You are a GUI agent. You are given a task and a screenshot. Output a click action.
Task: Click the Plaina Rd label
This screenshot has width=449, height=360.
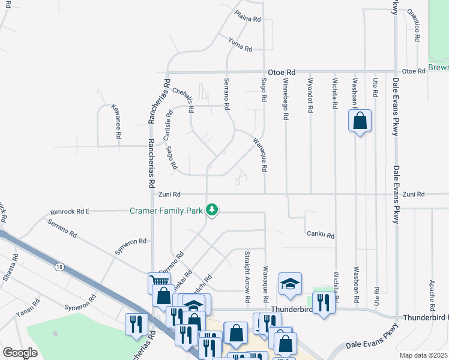pos(248,19)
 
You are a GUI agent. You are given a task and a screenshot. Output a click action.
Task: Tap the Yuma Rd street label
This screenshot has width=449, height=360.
pos(240,43)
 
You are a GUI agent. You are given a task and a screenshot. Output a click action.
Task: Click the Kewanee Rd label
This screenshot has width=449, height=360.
pos(116,122)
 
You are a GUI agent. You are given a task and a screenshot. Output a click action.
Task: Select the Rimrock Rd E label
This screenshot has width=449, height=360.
pos(70,211)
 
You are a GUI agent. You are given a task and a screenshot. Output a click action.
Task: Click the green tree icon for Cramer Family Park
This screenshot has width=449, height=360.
pos(211,210)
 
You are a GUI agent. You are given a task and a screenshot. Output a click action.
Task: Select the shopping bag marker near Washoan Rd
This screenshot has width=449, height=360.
pos(360,121)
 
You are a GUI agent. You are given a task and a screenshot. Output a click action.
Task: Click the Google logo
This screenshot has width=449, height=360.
pos(20,353)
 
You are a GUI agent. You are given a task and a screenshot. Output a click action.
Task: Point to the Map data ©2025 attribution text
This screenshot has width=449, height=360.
pos(423,355)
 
